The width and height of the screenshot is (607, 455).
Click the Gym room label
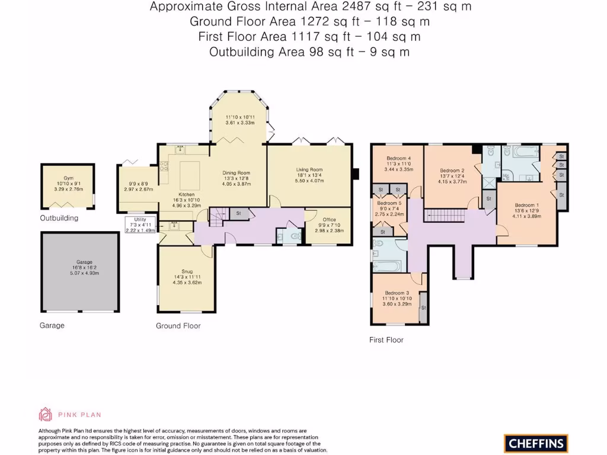tap(69, 177)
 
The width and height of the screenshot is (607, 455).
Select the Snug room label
tap(187, 271)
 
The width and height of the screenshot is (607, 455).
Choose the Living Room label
tap(309, 170)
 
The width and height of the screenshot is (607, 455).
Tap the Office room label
tap(329, 220)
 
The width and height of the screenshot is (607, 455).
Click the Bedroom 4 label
tap(398, 158)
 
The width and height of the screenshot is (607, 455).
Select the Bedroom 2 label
tap(452, 171)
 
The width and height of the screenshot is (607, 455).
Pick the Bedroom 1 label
tap(526, 206)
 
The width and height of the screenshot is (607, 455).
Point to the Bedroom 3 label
tap(397, 293)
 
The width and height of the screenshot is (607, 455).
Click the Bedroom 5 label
tap(389, 203)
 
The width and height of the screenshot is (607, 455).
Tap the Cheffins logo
tap(536, 443)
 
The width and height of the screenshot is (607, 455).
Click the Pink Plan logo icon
tap(46, 414)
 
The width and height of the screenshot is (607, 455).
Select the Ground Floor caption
tap(178, 326)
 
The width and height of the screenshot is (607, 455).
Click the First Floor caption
tap(386, 340)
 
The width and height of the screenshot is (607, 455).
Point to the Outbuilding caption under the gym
tap(59, 218)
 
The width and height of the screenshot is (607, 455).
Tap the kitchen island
tap(189, 174)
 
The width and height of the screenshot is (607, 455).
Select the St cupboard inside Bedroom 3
tap(423, 307)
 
